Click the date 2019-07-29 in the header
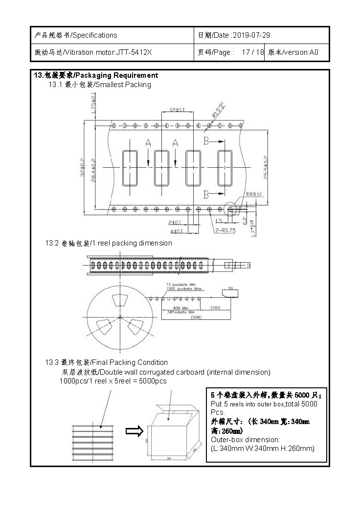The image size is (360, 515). click(251, 35)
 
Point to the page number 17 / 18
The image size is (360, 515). click(253, 52)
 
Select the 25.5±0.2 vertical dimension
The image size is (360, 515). click(266, 167)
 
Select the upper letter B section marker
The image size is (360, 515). click(206, 141)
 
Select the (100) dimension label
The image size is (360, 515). click(215, 307)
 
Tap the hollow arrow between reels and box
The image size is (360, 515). click(134, 431)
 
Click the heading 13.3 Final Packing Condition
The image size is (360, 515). click(107, 362)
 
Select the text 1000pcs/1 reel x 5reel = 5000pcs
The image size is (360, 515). click(113, 381)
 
